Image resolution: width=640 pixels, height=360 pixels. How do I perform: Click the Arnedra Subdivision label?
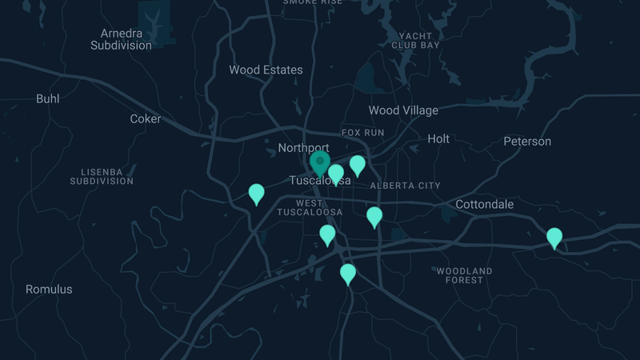(121, 39)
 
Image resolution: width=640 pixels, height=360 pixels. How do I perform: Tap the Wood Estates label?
(266, 70)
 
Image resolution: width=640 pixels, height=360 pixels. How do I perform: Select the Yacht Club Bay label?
(415, 41)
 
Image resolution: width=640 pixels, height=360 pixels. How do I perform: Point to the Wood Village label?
(403, 110)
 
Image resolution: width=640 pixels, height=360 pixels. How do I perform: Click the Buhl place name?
(48, 99)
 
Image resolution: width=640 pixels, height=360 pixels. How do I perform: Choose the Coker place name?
(146, 119)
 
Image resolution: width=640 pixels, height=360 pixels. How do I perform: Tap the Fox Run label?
(362, 132)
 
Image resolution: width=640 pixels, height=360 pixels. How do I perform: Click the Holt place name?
(438, 138)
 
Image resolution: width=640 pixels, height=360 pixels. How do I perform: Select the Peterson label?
(527, 142)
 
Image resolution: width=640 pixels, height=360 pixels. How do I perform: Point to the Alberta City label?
(405, 186)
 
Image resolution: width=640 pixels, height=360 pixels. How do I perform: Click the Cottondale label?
(485, 205)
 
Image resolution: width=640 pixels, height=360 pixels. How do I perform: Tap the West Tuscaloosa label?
(310, 207)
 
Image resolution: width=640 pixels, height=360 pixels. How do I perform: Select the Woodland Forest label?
(464, 275)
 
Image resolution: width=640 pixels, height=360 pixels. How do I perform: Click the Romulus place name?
(49, 290)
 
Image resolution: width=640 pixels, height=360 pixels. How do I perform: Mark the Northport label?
(303, 148)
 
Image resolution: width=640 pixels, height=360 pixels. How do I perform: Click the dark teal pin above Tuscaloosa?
(320, 163)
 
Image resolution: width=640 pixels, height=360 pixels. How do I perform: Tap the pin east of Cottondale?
(554, 238)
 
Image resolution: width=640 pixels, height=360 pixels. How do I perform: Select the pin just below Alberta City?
(374, 216)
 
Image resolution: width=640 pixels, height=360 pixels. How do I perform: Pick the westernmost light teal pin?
(257, 194)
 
